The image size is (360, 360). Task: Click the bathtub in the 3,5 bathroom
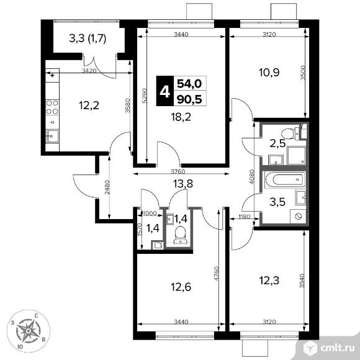[282, 181]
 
